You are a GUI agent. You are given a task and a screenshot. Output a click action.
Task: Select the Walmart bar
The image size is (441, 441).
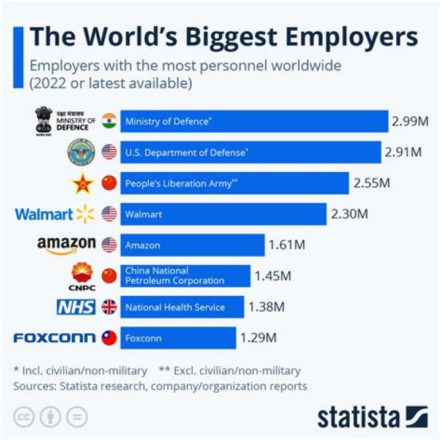click(x=223, y=214)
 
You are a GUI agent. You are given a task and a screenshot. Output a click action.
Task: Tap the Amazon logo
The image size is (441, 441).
click(x=66, y=244)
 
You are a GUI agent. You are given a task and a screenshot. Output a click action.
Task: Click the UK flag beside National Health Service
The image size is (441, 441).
click(x=109, y=307)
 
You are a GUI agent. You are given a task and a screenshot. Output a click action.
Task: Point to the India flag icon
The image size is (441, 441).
click(x=109, y=121)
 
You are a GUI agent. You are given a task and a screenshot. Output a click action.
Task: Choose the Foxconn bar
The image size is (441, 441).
click(x=178, y=337)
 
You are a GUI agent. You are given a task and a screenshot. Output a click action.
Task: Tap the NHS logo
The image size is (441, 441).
click(x=76, y=307)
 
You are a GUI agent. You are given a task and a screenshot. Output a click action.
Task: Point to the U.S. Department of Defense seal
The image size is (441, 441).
click(x=81, y=151)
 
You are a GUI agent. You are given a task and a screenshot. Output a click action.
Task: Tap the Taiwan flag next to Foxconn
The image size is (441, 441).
click(x=109, y=337)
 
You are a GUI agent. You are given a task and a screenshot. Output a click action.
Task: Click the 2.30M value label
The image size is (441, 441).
click(x=350, y=214)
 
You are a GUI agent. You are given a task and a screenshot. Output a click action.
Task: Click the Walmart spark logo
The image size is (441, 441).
click(x=86, y=214)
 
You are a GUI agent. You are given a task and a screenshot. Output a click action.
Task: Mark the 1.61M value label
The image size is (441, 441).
click(x=287, y=246)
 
